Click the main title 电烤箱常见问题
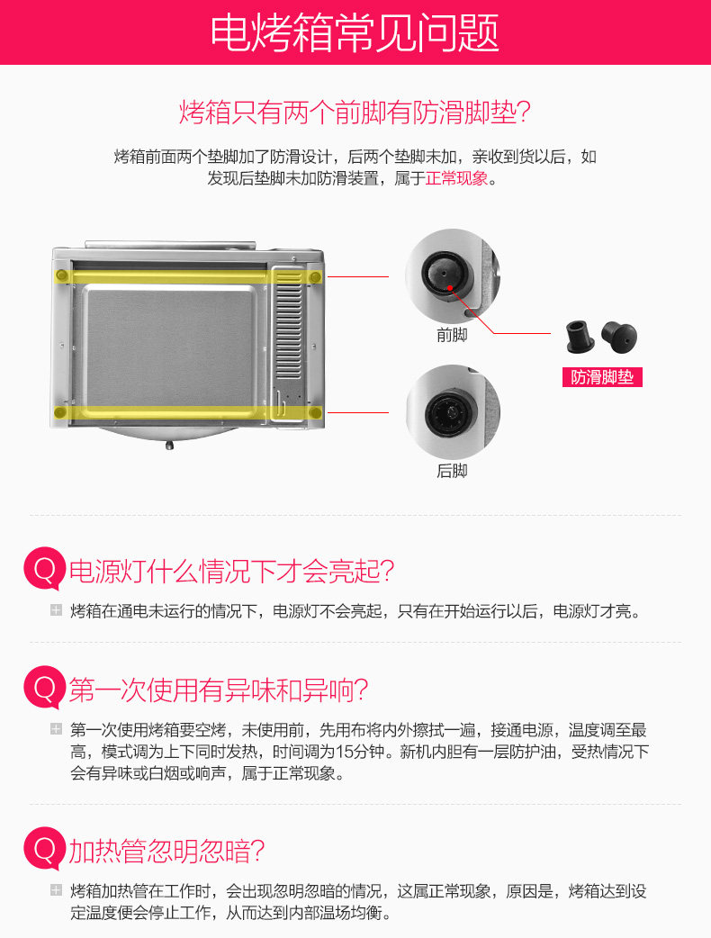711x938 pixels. click(355, 33)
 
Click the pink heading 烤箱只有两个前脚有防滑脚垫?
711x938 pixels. click(355, 112)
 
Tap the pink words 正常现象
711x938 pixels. click(457, 178)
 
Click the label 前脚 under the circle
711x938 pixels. click(452, 335)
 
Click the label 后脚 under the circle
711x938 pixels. click(452, 471)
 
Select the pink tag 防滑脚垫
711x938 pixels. click(602, 377)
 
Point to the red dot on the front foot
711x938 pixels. click(449, 288)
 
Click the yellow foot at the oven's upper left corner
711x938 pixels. click(61, 275)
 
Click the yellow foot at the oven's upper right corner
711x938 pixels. click(315, 277)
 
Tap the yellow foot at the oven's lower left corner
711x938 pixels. click(59, 412)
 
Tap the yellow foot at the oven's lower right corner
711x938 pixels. click(316, 412)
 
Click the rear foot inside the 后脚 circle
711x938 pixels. click(450, 413)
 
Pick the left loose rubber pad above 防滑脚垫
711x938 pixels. click(579, 336)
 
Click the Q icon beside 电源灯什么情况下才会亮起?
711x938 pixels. click(45, 569)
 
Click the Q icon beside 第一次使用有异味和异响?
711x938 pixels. click(45, 688)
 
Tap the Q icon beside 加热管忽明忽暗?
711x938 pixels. click(45, 849)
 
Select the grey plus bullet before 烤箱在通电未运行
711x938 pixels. click(56, 610)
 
